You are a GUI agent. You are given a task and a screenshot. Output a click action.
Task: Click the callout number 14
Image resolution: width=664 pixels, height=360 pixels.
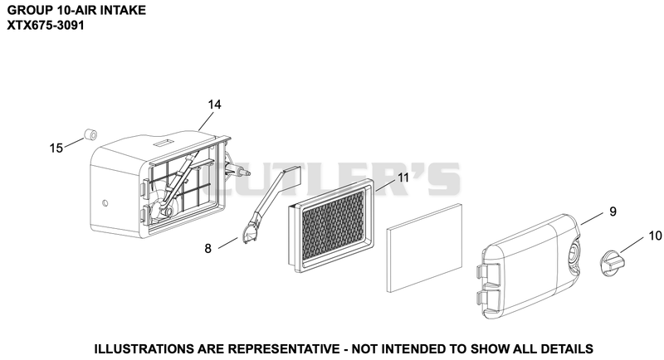[x=215, y=105]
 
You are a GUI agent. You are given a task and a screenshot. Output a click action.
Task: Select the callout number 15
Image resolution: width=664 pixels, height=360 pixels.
[x=56, y=148]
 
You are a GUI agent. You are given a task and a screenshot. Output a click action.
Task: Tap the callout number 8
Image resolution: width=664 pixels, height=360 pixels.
[x=207, y=249]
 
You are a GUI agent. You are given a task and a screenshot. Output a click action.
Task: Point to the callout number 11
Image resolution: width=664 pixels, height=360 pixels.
[x=403, y=178]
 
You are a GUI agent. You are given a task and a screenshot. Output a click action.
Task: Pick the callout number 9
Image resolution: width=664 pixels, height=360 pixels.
[x=613, y=212]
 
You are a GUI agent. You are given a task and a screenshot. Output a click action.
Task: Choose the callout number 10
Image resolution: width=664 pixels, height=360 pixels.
[x=655, y=236]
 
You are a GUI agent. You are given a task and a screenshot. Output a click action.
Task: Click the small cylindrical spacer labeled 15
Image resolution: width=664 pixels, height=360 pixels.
[x=90, y=134]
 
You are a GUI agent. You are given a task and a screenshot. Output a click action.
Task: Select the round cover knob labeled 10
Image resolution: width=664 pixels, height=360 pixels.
[x=613, y=260]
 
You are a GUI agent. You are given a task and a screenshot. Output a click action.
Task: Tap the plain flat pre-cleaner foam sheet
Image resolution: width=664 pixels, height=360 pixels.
[x=425, y=248]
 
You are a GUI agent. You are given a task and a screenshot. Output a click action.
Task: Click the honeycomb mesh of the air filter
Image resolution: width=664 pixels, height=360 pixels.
[x=333, y=224]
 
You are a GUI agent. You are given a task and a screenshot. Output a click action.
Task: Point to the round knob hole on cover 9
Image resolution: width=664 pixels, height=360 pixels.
[x=574, y=251]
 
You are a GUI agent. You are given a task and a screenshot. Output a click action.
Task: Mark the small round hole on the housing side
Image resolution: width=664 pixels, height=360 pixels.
[x=105, y=203]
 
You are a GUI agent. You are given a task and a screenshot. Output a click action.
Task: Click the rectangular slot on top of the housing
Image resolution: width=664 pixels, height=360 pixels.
[x=163, y=142]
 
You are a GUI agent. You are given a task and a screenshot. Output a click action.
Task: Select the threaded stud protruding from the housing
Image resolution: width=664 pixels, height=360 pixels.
[x=242, y=172]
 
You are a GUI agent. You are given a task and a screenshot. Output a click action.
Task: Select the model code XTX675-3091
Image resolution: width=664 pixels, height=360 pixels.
[x=46, y=26]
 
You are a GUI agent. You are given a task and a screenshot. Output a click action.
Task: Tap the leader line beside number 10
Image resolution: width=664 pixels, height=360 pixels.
[x=632, y=245]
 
